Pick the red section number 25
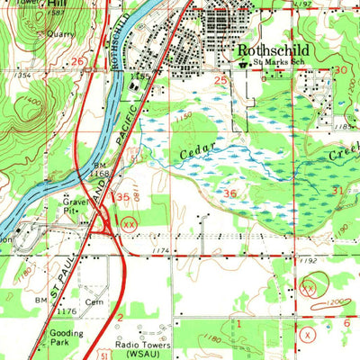click(220, 81)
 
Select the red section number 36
click(230, 193)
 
